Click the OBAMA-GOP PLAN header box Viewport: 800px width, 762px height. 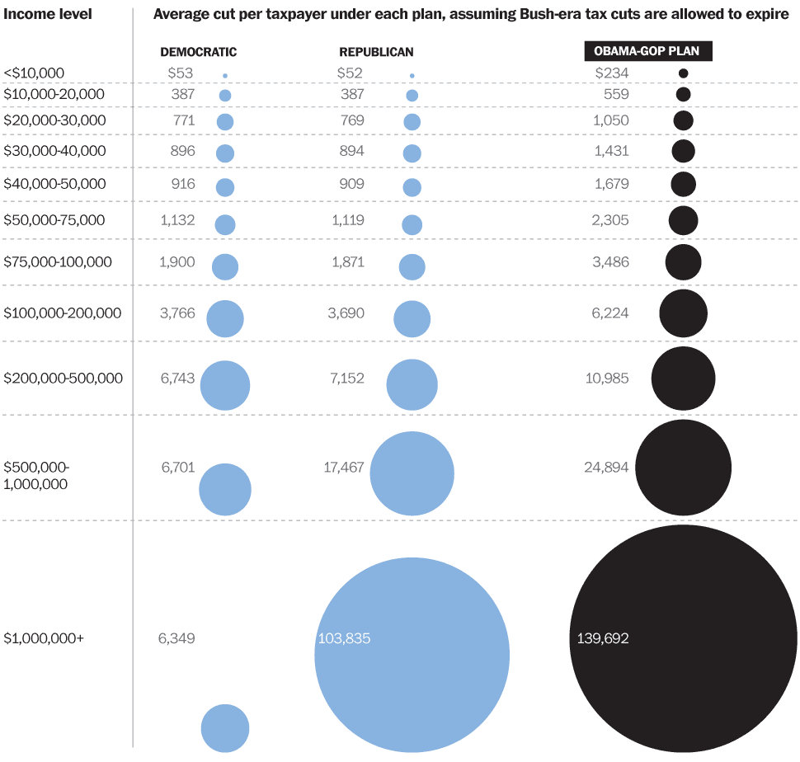(x=647, y=51)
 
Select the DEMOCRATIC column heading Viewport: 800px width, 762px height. (x=198, y=52)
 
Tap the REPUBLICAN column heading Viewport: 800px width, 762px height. (x=376, y=52)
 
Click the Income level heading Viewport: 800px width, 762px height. (x=48, y=14)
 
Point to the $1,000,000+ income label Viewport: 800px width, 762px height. (x=44, y=637)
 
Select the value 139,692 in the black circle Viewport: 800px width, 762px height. (x=599, y=638)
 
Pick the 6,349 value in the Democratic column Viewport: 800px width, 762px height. (x=176, y=638)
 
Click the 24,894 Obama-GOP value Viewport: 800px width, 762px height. (x=605, y=468)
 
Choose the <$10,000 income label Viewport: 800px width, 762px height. (x=34, y=73)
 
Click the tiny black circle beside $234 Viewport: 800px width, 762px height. (x=683, y=73)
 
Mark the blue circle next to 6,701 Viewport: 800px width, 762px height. (x=225, y=489)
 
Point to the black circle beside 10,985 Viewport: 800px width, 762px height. (x=683, y=379)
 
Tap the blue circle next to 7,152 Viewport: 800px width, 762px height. (x=412, y=384)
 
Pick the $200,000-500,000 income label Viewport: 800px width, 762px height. (x=64, y=379)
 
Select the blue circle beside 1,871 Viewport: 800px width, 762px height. (x=412, y=267)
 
